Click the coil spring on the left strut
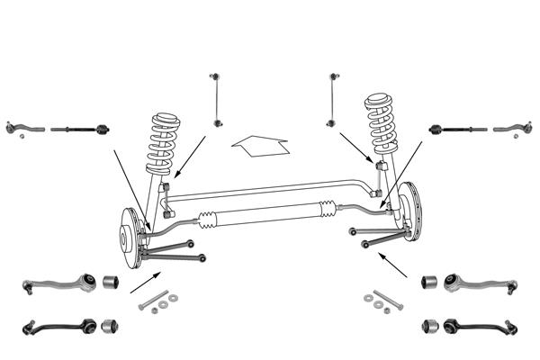[165, 144]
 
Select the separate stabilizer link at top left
[215, 98]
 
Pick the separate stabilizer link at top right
[333, 98]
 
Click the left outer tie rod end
[22, 128]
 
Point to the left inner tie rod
[80, 130]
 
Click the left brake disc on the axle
[131, 239]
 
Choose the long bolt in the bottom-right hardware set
[382, 296]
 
